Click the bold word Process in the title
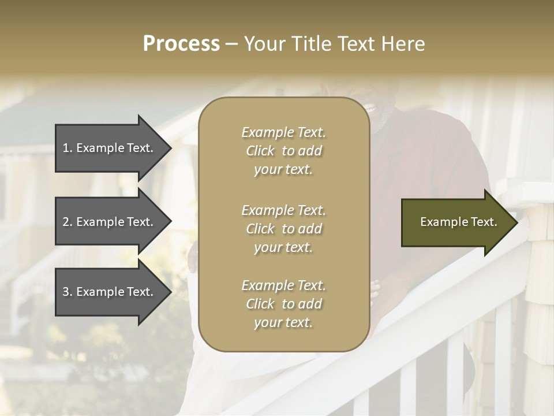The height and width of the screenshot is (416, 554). pos(181,44)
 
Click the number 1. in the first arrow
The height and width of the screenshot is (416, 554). pos(68,148)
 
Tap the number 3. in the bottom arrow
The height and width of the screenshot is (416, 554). pos(68,292)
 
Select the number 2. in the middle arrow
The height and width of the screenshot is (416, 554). pos(68,222)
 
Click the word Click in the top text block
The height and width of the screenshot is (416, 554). pos(260,151)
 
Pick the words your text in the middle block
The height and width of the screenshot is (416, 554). pos(283,247)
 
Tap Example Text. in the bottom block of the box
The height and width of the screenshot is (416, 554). pos(283,285)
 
